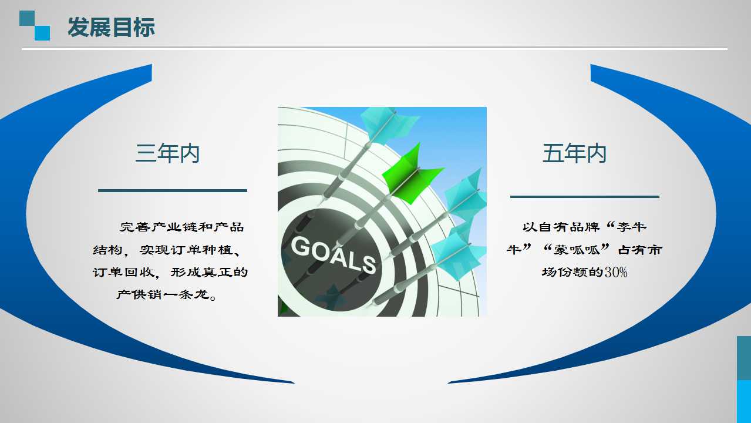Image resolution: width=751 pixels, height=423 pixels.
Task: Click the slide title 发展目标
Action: (x=112, y=27)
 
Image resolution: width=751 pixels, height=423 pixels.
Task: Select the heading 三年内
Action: (x=167, y=153)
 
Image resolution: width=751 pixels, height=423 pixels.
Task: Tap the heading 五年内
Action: (x=574, y=153)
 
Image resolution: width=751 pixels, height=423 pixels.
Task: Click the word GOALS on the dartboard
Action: (x=334, y=254)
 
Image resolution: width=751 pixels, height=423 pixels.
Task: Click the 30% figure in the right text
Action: (x=616, y=272)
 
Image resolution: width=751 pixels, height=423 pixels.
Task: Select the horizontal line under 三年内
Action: (x=172, y=190)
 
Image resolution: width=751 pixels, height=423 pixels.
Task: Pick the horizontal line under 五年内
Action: (x=585, y=197)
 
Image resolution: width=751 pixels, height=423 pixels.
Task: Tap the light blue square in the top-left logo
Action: (x=42, y=33)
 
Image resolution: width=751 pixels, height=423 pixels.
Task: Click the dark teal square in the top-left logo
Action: (x=27, y=18)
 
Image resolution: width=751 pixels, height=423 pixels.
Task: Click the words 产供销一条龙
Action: (x=163, y=294)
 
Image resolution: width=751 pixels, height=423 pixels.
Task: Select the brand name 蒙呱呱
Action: (x=575, y=250)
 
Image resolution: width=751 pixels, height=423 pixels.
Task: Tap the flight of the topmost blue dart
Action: (x=389, y=124)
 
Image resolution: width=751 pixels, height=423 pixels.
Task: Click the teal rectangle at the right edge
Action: (x=743, y=358)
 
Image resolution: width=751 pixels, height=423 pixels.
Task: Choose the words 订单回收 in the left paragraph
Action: (x=124, y=272)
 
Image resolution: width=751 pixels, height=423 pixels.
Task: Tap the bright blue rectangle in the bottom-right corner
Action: (x=743, y=401)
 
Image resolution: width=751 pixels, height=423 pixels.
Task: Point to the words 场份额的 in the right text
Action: (x=573, y=272)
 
